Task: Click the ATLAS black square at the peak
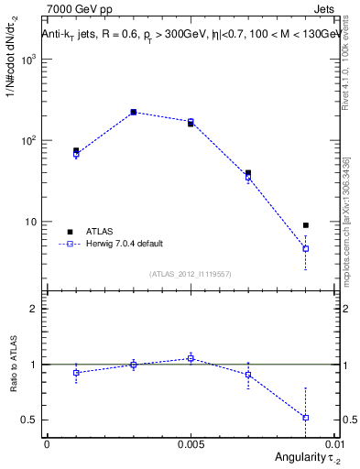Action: [133, 112]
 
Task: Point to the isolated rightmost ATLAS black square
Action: [306, 224]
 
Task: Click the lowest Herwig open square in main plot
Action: [306, 248]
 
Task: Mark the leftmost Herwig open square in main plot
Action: [76, 155]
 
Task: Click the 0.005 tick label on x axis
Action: [191, 443]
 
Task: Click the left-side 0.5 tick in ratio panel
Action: [31, 420]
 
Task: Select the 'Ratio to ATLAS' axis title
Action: [11, 365]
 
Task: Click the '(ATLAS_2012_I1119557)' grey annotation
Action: [191, 274]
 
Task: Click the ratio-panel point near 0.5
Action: [306, 418]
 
